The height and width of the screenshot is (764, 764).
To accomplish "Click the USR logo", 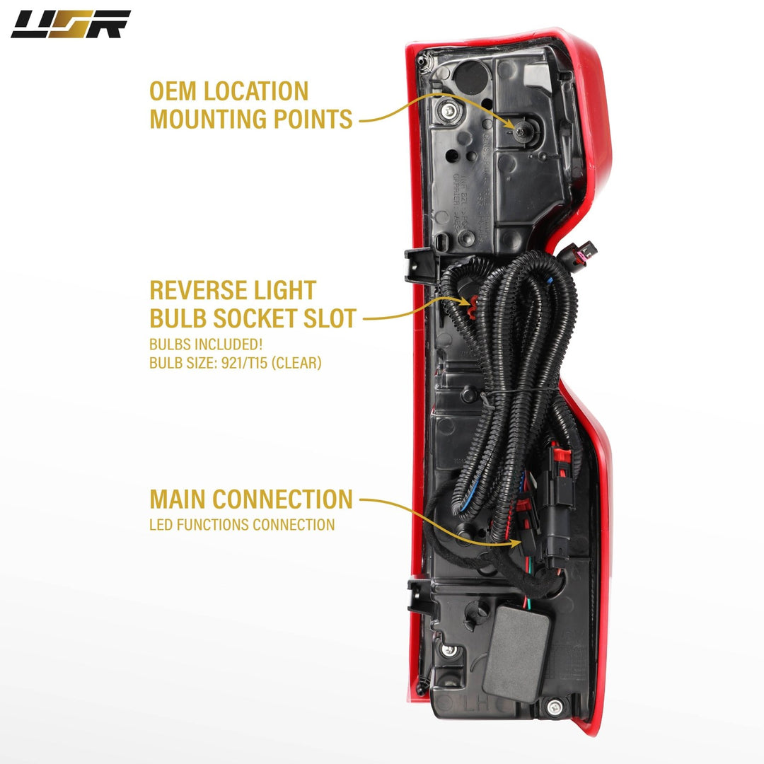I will (x=70, y=24).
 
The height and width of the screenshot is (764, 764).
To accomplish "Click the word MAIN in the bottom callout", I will (x=178, y=499).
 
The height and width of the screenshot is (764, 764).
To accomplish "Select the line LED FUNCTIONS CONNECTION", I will (x=242, y=525).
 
